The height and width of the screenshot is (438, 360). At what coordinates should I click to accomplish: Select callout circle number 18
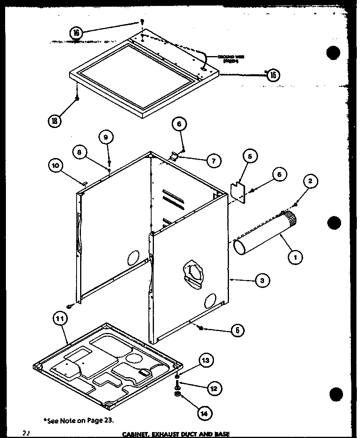pos(55,120)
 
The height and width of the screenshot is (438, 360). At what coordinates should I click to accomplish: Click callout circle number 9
pos(106,137)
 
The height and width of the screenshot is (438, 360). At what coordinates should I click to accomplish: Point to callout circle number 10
pos(56,165)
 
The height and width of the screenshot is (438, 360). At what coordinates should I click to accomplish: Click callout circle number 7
pos(214,160)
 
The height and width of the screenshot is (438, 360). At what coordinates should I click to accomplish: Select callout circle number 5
pos(250,156)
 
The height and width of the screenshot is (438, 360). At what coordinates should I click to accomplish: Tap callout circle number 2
pos(311,181)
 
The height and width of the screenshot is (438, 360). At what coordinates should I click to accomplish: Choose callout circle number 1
pos(295,258)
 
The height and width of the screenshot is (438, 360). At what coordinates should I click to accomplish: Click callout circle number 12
pos(214,389)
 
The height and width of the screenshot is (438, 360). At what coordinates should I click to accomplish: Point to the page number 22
pos(26,433)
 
